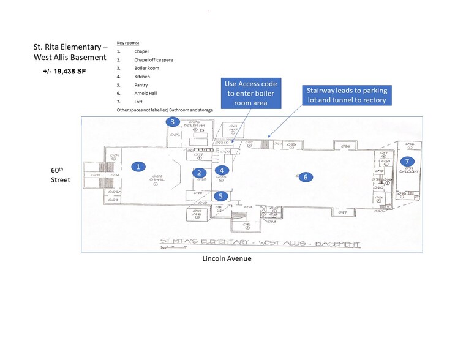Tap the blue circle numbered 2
click(x=200, y=173)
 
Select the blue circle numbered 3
click(x=173, y=122)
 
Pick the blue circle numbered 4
click(x=224, y=170)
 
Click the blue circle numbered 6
click(x=304, y=177)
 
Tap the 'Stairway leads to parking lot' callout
click(x=346, y=95)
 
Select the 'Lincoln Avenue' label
click(x=227, y=258)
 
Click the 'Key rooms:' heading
click(x=128, y=43)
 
